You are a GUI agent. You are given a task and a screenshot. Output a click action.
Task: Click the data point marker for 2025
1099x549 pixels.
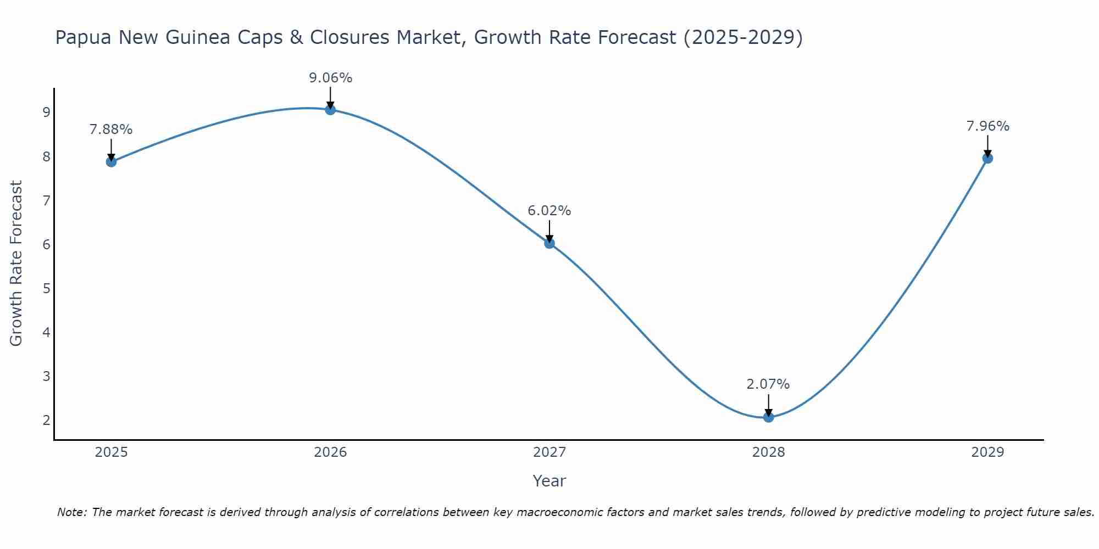(111, 161)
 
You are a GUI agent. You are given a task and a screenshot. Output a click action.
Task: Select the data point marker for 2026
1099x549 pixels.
(330, 110)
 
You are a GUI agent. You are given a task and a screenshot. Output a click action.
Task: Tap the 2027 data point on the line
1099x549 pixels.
(549, 243)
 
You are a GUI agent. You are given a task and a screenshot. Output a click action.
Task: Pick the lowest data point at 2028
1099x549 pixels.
(768, 417)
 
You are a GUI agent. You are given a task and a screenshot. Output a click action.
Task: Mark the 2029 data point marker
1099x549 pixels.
(987, 159)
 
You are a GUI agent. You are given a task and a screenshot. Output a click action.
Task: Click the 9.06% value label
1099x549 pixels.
(330, 78)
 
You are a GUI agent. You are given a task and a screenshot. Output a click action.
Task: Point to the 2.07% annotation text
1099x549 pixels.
(768, 384)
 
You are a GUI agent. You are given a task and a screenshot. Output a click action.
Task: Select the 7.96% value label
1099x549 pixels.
(987, 126)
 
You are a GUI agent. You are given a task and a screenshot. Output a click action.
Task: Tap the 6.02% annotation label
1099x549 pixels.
(549, 211)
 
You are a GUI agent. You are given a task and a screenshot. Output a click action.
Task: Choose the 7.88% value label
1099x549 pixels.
(111, 130)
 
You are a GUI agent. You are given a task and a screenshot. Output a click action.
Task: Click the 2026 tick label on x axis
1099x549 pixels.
(330, 452)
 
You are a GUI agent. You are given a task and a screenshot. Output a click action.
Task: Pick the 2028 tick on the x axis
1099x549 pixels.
(768, 452)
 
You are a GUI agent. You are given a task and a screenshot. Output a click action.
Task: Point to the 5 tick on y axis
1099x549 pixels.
(47, 288)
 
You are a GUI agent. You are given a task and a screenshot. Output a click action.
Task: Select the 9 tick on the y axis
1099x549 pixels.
(47, 113)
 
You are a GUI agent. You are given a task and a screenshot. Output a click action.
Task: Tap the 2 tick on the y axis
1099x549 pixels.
(47, 421)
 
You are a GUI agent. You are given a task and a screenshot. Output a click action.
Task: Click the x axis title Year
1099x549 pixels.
(549, 481)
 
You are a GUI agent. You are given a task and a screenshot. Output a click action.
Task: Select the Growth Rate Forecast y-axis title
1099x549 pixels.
(16, 264)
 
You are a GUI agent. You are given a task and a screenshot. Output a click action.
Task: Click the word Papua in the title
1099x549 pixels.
(84, 37)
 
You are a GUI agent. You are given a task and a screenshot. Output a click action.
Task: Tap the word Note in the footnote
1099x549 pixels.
(72, 512)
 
